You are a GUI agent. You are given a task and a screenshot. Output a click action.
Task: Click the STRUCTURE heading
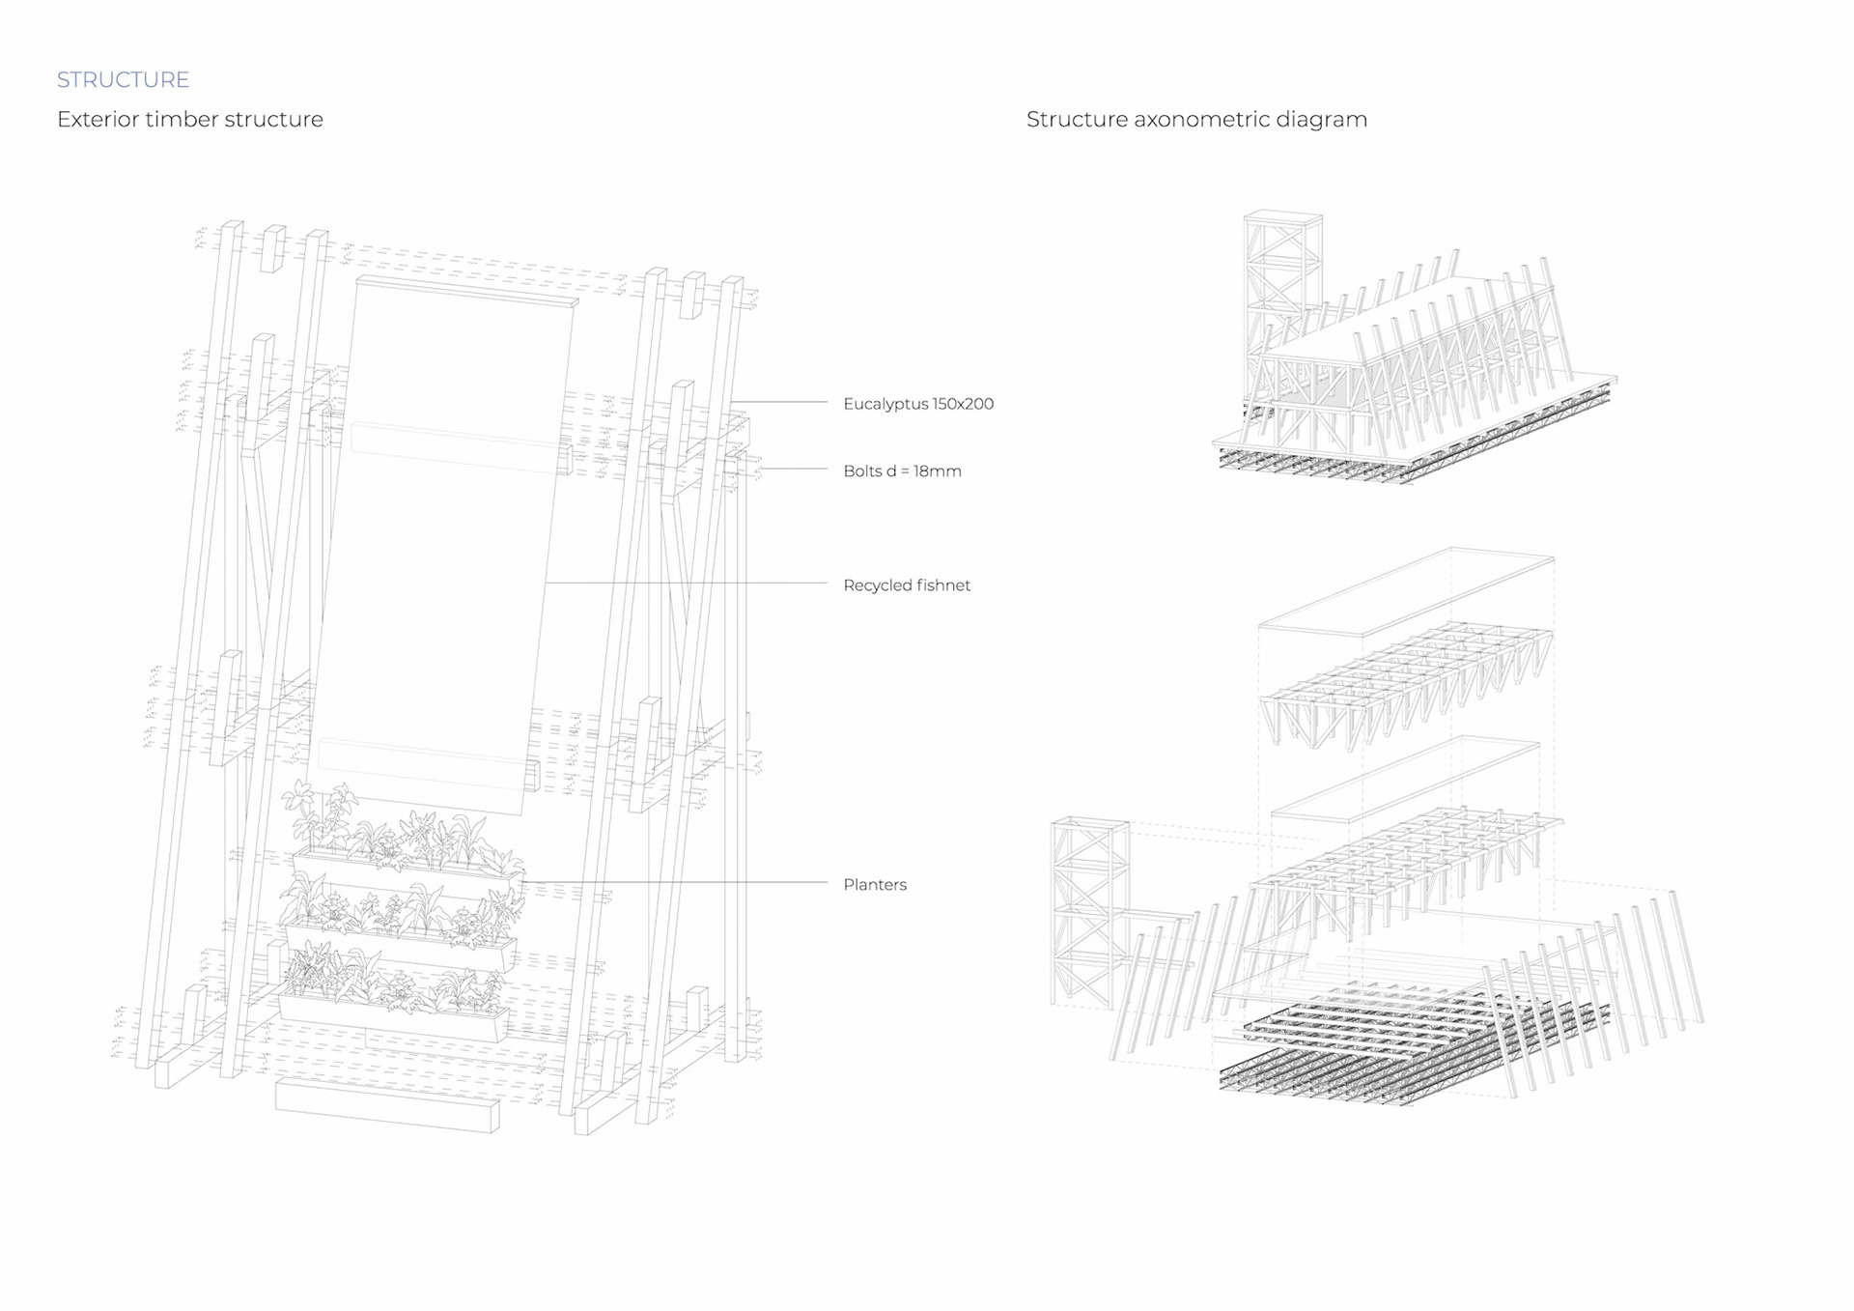coord(123,79)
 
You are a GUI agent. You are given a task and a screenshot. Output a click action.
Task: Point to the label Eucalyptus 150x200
coord(917,404)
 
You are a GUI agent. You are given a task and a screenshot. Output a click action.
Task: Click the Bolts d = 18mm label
coord(902,471)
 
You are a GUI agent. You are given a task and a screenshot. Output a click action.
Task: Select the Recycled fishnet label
coord(906,585)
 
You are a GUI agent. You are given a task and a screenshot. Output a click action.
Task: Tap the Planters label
coord(874,885)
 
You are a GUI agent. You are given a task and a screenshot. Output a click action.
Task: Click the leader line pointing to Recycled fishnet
coord(686,584)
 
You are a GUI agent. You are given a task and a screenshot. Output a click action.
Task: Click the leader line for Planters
coord(676,882)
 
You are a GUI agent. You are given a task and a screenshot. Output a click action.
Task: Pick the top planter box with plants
coord(406,869)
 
